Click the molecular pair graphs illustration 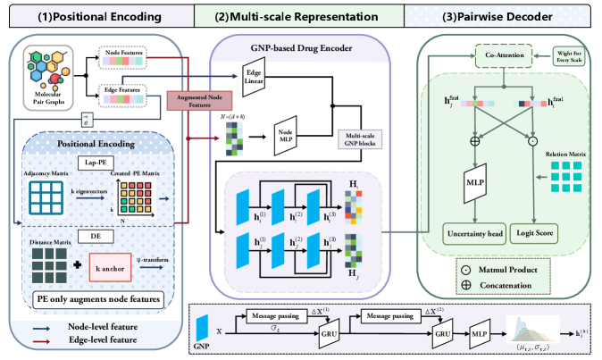tap(46, 73)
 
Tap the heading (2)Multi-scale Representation tap(300, 15)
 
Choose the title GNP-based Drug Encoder tap(301, 46)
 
